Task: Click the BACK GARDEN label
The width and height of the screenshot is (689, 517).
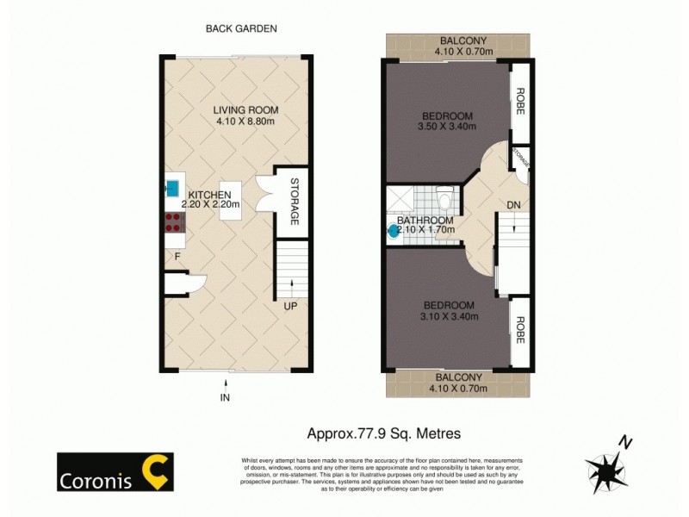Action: pyautogui.click(x=240, y=28)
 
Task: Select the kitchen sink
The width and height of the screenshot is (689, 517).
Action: pyautogui.click(x=172, y=187)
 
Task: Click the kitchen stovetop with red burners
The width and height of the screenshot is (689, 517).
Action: pyautogui.click(x=173, y=223)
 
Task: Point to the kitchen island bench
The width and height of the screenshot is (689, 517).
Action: pyautogui.click(x=229, y=200)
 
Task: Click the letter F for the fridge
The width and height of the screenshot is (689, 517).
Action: pyautogui.click(x=177, y=256)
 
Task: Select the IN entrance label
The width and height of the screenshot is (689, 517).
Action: pyautogui.click(x=226, y=397)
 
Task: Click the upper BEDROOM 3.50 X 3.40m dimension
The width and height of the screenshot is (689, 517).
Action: pyautogui.click(x=447, y=129)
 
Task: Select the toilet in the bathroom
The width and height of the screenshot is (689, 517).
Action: pyautogui.click(x=444, y=198)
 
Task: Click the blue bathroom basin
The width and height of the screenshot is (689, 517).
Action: pyautogui.click(x=394, y=231)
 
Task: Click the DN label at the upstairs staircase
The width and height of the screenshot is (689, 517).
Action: pyautogui.click(x=513, y=204)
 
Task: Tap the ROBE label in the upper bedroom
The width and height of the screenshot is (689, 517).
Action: pyautogui.click(x=519, y=101)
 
